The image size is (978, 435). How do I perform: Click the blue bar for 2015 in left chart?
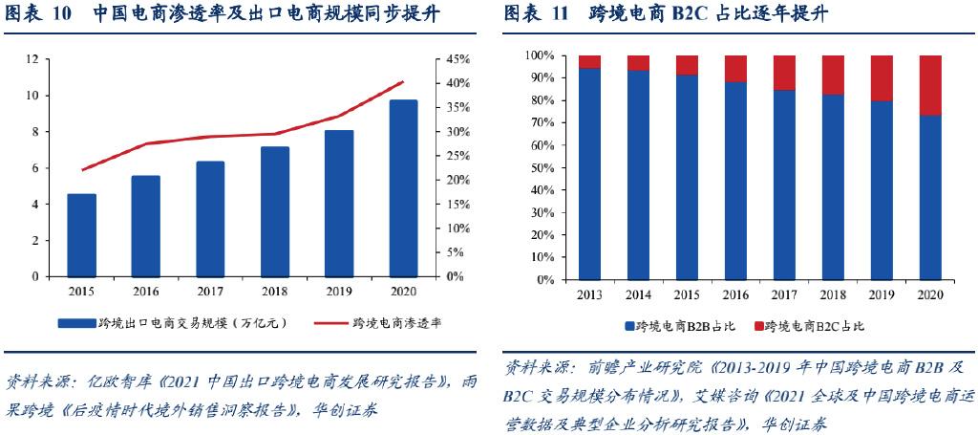point(81,235)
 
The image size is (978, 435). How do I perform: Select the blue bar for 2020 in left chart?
point(404,188)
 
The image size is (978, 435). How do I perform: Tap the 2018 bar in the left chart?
point(275,211)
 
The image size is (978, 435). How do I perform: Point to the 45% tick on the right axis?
point(453,59)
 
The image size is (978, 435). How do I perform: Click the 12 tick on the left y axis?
point(33,59)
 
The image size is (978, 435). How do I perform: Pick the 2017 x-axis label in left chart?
point(210,291)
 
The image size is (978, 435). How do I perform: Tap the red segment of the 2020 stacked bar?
point(930,85)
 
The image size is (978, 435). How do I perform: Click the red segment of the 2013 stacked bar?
point(589,61)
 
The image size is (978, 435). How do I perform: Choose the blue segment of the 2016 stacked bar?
point(735,182)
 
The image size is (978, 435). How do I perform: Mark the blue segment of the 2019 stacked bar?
point(882,191)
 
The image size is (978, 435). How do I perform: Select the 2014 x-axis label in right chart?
point(638,295)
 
